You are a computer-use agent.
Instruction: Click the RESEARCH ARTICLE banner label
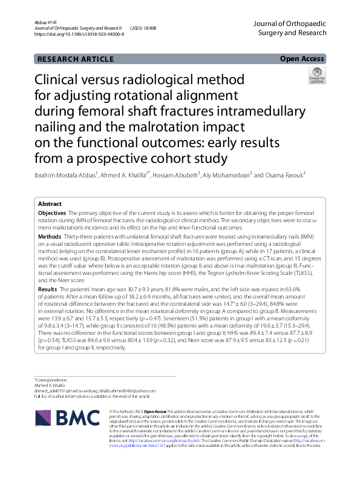[x=76, y=59]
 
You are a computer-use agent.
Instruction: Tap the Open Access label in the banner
[x=303, y=59]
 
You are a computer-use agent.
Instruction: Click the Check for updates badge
[x=316, y=75]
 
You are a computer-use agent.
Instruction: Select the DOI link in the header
[x=79, y=35]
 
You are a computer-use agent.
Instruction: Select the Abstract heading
[x=50, y=204]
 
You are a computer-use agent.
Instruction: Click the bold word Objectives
[x=53, y=214]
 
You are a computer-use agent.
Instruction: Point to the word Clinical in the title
[x=60, y=80]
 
